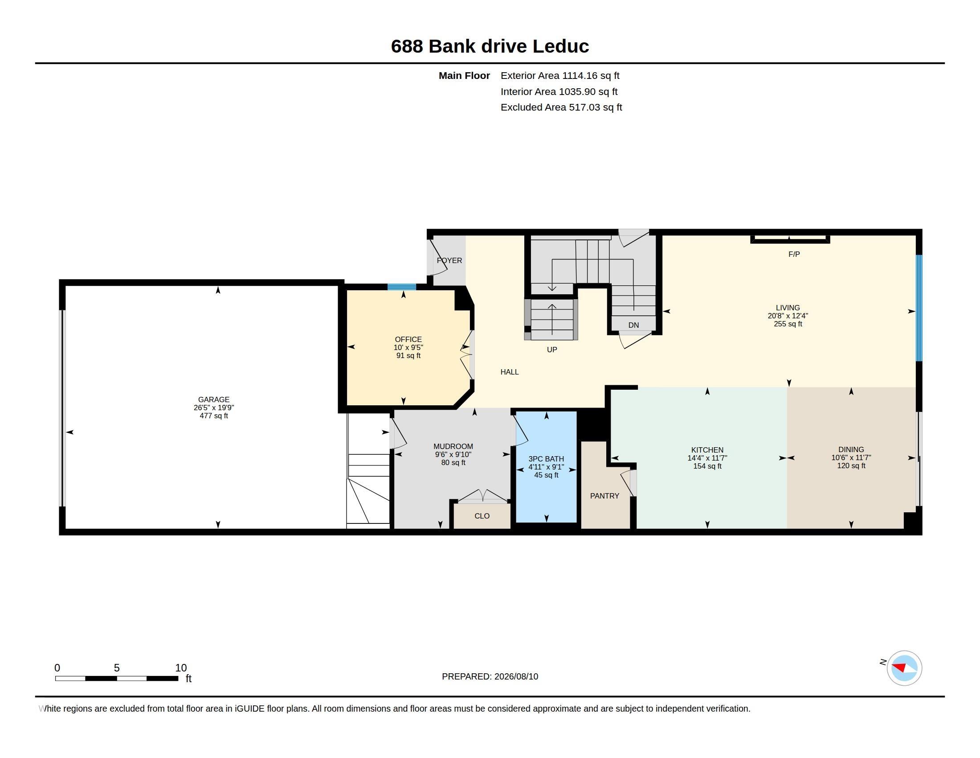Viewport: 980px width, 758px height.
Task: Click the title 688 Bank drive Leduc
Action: [490, 46]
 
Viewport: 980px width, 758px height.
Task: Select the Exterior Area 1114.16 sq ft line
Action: [560, 75]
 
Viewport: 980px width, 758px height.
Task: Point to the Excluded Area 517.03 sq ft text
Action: [561, 107]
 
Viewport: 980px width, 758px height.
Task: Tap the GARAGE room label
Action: [213, 400]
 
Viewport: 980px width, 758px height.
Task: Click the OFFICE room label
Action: [408, 339]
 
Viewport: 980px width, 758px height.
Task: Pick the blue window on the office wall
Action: [402, 287]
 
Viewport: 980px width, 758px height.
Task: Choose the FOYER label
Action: [449, 260]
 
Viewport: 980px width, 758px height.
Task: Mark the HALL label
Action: [510, 372]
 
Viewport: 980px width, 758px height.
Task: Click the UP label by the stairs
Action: [552, 350]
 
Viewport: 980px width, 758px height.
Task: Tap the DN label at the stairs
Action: [633, 325]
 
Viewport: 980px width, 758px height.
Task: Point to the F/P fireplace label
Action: [794, 254]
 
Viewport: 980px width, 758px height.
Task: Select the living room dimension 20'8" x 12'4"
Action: [788, 316]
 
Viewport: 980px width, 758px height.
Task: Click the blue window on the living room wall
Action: [919, 308]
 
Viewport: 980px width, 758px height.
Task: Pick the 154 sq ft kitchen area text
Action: [707, 466]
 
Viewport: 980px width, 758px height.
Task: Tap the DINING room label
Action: [851, 449]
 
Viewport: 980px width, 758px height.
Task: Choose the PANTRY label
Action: [604, 496]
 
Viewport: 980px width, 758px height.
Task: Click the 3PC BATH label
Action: [546, 459]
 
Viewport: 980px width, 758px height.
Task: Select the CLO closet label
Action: [482, 516]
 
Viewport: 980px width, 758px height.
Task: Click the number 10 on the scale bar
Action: [181, 668]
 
